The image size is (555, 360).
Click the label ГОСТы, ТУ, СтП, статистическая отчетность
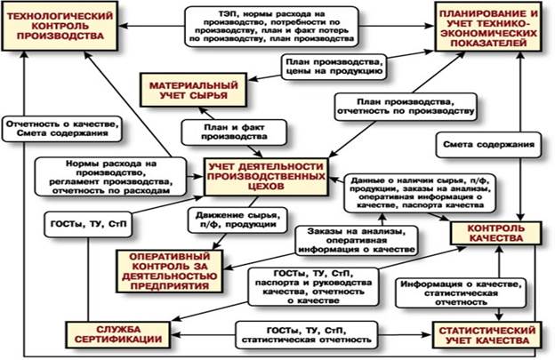(x=303, y=336)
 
